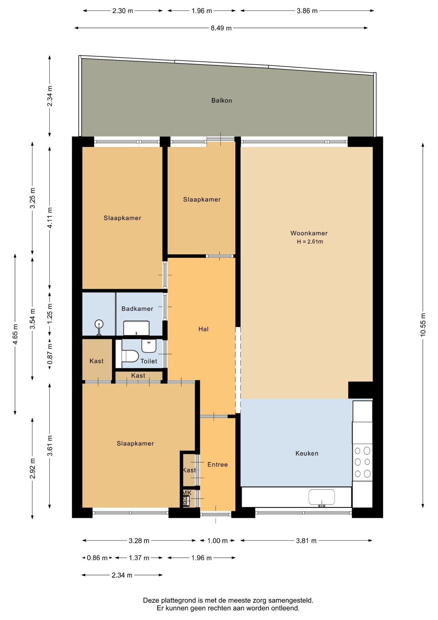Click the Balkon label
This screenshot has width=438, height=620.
222,100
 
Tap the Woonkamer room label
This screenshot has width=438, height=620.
309,233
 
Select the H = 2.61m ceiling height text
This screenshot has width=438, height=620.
310,242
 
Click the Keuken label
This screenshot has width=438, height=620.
307,453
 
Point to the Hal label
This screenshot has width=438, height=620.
204,329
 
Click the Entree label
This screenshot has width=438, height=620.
218,464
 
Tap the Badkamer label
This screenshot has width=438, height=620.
137,309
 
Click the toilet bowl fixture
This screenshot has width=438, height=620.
130,356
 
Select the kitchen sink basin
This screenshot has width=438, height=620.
322,497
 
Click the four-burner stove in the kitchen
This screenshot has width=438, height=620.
363,462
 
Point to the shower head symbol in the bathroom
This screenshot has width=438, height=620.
99,324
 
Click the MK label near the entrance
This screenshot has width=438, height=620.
187,493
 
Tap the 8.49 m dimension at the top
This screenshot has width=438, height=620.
221,28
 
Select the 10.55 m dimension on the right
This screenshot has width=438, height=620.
423,325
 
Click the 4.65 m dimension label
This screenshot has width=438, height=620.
15,334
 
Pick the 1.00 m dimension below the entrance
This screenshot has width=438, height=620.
217,541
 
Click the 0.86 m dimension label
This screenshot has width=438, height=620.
97,558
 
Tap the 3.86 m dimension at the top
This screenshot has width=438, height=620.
307,11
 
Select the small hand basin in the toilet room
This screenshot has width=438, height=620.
149,346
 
